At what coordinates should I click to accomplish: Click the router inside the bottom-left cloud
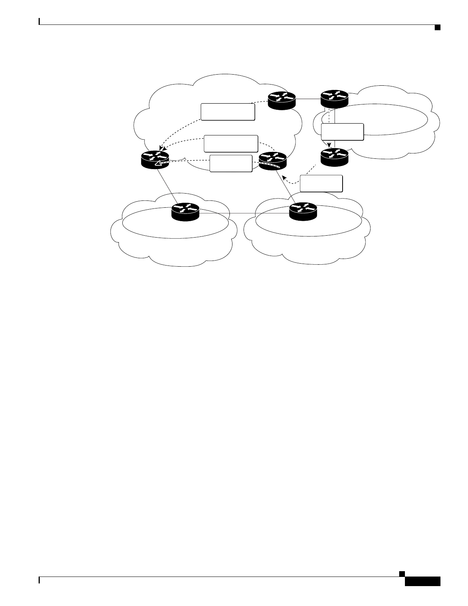coord(185,212)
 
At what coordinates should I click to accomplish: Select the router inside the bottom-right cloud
coord(303,211)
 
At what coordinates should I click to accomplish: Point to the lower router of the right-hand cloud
coord(334,157)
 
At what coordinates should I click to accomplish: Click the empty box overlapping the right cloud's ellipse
coord(342,132)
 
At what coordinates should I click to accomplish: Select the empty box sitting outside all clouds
coord(321,183)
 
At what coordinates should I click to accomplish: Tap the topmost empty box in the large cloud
coord(228,112)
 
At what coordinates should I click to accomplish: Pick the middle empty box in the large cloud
coord(231,143)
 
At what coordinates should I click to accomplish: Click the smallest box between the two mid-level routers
coord(231,163)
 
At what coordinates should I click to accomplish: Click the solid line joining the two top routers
coord(308,99)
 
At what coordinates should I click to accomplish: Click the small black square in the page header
coord(437,27)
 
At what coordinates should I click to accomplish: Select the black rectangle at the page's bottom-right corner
coord(422,581)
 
